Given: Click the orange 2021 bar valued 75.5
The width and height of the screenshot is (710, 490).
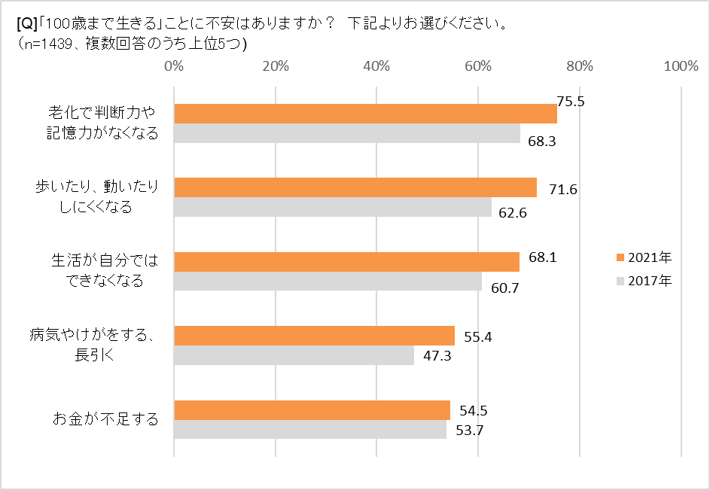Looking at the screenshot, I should pos(365,114).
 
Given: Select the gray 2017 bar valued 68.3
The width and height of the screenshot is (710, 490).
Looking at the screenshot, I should pos(347,133).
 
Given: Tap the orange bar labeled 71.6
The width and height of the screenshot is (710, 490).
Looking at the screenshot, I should pos(355,187).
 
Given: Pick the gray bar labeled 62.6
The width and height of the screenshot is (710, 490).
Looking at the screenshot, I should pos(333,207).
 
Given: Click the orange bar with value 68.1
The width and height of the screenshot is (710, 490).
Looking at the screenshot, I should pos(346,262).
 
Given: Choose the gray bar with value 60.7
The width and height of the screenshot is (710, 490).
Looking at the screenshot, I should pos(328,281).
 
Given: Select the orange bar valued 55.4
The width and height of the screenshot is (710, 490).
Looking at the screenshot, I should pos(314,336).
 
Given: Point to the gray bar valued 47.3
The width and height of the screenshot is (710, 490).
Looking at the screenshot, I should pos(294,355).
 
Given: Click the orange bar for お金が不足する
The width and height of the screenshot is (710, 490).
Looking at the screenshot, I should pos(312,410).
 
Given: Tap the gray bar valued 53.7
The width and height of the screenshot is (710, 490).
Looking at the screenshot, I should pos(310,429).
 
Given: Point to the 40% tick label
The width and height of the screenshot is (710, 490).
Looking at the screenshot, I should pos(376,66).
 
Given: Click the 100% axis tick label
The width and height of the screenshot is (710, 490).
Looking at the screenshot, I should pos(681,66).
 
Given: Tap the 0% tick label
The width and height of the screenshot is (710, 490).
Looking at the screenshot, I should pos(174,66).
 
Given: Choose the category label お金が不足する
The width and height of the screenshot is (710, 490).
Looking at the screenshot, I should pos(105,420).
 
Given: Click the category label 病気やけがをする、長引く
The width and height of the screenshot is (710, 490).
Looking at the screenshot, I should pos(93,345).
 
